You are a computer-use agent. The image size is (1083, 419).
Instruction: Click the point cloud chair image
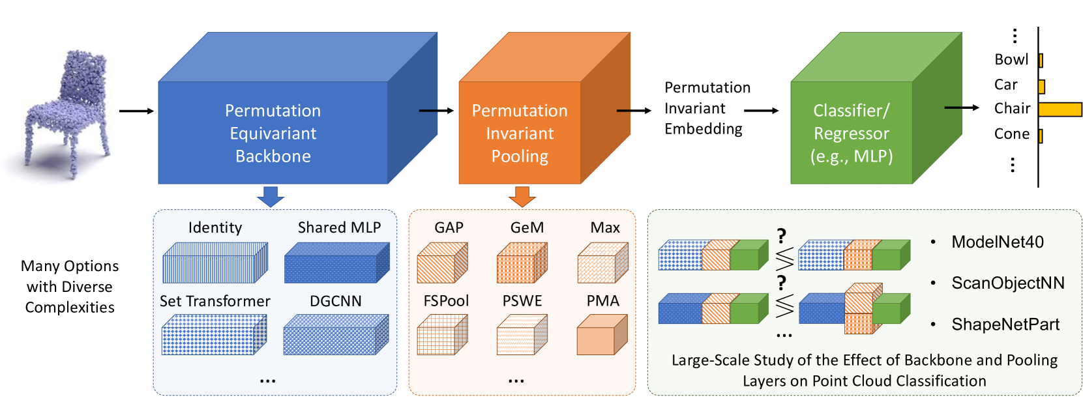point(65,114)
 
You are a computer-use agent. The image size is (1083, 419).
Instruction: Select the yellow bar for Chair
point(1060,109)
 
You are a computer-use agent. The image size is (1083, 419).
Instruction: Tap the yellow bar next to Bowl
point(1041,61)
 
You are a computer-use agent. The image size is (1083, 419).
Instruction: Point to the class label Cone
point(1011,134)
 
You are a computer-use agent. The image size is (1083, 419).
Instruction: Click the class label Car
point(1005,85)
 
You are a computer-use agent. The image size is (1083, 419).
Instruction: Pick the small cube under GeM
point(522,263)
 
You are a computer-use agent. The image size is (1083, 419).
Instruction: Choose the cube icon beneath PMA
point(602,335)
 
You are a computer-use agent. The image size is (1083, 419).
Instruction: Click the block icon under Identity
point(215,263)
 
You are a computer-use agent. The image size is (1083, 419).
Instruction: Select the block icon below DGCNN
point(336,335)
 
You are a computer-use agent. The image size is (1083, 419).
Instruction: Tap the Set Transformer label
point(215,301)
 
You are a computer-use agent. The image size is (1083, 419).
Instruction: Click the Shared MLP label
point(339,227)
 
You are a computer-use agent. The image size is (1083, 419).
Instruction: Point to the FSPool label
point(446,301)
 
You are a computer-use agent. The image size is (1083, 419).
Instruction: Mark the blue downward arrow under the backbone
point(271,196)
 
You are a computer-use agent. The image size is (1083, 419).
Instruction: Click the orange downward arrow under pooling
point(522,196)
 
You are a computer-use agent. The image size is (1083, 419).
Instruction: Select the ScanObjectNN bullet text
point(1007,283)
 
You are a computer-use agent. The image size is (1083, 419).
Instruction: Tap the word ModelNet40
point(998,242)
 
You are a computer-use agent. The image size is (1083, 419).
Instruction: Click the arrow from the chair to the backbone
point(136,111)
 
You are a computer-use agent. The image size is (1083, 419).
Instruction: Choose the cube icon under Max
point(602,263)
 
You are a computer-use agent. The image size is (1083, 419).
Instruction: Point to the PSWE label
point(522,301)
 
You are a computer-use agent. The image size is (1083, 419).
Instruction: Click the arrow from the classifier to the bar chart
point(962,108)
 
